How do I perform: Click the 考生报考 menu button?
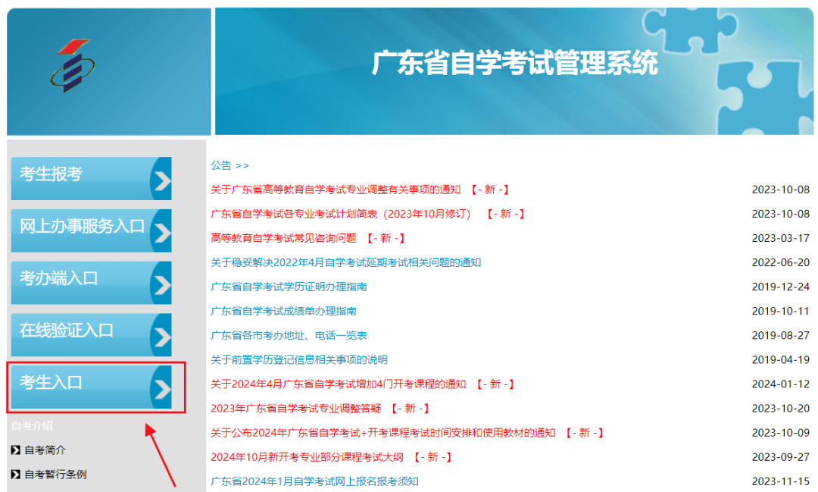click(x=92, y=178)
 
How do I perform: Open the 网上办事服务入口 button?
click(x=92, y=230)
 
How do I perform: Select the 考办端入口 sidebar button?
click(x=92, y=283)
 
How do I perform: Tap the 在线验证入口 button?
click(x=92, y=335)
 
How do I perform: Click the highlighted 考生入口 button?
click(x=92, y=387)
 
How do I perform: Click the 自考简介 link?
click(x=45, y=450)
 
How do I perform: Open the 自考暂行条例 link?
click(x=55, y=475)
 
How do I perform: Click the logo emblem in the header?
click(x=73, y=65)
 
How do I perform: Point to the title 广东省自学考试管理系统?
click(x=514, y=63)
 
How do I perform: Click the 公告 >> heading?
click(x=229, y=165)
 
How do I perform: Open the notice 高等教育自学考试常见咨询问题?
click(x=283, y=238)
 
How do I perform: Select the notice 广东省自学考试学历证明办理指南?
click(x=289, y=287)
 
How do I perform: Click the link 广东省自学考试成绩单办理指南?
click(x=283, y=312)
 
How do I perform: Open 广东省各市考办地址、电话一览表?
click(x=289, y=335)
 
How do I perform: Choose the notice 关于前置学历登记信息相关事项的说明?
click(x=299, y=360)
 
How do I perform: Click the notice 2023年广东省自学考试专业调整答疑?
click(x=296, y=409)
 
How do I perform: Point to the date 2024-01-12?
click(x=780, y=384)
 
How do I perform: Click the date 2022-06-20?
click(x=780, y=262)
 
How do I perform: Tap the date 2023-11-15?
click(x=780, y=481)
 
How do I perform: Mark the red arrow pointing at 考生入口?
click(x=160, y=455)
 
